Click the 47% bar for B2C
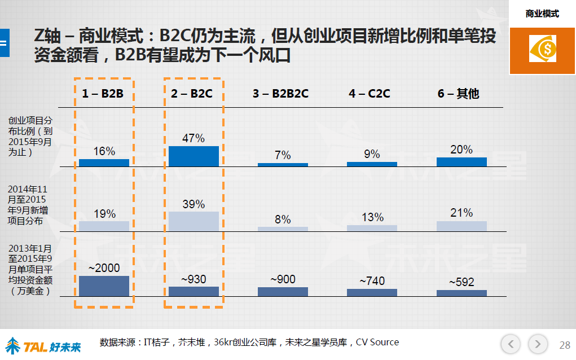(x=194, y=156)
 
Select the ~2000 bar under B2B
(x=104, y=286)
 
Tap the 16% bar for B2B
(x=104, y=163)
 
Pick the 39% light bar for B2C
(x=194, y=221)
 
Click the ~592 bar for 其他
(x=461, y=293)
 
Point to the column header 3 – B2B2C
(x=280, y=94)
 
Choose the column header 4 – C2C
(x=370, y=94)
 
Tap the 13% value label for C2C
(x=372, y=217)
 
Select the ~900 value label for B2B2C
(x=283, y=279)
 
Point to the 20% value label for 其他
(x=461, y=150)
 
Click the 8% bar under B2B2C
(x=283, y=229)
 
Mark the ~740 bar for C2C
(x=372, y=292)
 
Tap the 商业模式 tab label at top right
(x=542, y=14)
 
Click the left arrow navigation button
(x=511, y=343)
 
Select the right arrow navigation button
(x=538, y=343)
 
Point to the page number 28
(x=564, y=345)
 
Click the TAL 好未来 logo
(x=43, y=344)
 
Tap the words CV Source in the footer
(x=377, y=342)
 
